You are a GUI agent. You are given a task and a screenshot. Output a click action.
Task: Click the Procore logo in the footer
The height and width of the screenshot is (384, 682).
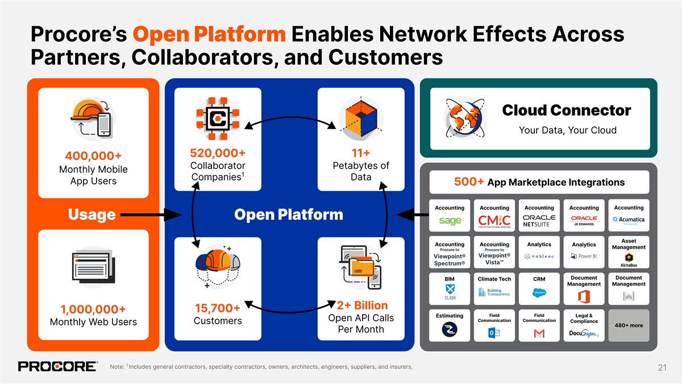coord(57,366)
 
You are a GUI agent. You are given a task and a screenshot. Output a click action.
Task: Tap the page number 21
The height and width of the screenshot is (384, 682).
coord(662,368)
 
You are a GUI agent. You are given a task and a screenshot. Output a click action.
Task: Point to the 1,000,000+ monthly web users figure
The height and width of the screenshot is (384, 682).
coord(94,309)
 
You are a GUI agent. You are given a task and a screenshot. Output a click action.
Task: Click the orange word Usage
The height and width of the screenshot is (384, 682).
coord(92,214)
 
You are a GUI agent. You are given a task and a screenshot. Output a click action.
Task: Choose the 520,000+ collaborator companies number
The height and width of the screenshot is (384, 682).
coord(218,153)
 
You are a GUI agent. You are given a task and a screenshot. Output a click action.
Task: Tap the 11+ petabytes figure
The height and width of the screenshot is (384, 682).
coord(361,153)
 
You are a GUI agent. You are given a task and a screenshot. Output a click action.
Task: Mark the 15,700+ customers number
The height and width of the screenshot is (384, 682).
coord(217,308)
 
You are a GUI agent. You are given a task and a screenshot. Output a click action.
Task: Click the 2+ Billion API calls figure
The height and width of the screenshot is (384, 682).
coord(362,305)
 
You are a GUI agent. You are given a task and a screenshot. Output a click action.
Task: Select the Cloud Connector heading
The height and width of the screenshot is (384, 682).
coord(566,110)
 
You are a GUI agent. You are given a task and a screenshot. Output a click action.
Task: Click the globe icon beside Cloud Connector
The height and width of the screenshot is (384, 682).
coord(463,115)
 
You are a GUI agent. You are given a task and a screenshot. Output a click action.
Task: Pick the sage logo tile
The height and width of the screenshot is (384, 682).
coord(450,220)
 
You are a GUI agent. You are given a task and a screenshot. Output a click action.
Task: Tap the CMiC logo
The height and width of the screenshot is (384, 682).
coord(494,220)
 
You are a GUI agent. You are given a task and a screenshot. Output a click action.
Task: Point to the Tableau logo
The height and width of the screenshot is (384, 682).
coord(539,256)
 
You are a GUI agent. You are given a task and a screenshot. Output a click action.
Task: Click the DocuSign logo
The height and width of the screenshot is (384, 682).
coord(584,333)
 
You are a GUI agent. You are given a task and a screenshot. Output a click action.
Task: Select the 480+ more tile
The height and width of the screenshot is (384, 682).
coord(629,325)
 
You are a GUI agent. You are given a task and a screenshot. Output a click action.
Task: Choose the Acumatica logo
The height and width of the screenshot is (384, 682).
coord(629,220)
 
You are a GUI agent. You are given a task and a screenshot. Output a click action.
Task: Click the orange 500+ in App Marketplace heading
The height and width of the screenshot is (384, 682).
coord(469,182)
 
